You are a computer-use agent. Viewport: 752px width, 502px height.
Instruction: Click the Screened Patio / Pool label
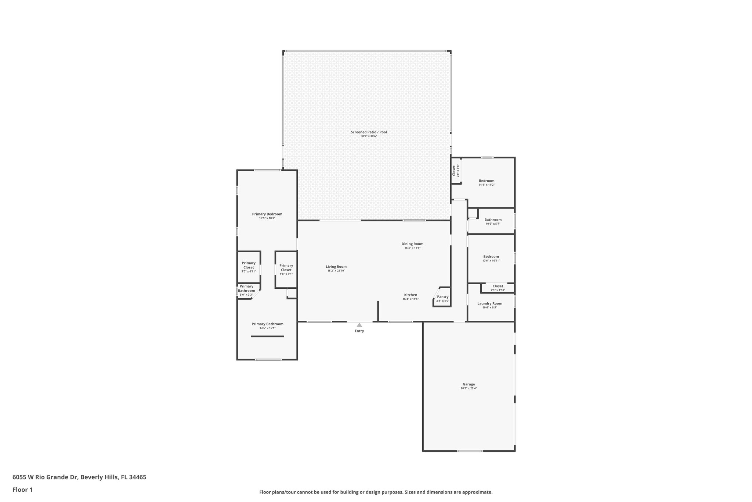pyautogui.click(x=369, y=132)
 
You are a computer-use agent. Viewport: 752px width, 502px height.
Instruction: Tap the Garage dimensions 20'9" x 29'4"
pyautogui.click(x=469, y=388)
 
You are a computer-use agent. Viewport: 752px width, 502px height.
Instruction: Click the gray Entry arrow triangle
pyautogui.click(x=359, y=325)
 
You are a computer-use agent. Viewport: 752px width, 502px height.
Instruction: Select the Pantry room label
pyautogui.click(x=443, y=297)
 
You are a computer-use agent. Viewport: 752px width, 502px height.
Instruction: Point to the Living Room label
pyautogui.click(x=336, y=267)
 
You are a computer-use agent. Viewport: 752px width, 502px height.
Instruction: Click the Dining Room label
pyautogui.click(x=412, y=244)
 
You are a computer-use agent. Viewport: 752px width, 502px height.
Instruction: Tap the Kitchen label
pyautogui.click(x=411, y=295)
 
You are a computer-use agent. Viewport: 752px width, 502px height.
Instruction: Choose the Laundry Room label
pyautogui.click(x=489, y=303)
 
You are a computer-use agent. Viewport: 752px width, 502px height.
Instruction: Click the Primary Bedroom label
pyautogui.click(x=267, y=214)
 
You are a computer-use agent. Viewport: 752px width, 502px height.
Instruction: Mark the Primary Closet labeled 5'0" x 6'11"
pyautogui.click(x=249, y=266)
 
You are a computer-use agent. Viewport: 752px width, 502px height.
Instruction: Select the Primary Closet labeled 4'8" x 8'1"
pyautogui.click(x=286, y=268)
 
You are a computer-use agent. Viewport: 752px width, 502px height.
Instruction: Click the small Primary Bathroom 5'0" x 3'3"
pyautogui.click(x=246, y=289)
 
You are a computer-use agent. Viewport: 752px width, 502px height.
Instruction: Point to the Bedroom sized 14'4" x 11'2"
pyautogui.click(x=487, y=181)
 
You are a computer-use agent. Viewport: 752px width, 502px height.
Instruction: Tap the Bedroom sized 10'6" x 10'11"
pyautogui.click(x=491, y=257)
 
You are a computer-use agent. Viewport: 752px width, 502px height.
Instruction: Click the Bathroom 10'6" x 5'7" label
pyautogui.click(x=493, y=220)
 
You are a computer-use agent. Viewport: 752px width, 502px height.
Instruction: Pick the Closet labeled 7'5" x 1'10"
pyautogui.click(x=498, y=286)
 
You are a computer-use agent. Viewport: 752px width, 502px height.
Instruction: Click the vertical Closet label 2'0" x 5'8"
pyautogui.click(x=454, y=171)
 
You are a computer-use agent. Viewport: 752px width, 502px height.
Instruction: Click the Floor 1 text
pyautogui.click(x=22, y=490)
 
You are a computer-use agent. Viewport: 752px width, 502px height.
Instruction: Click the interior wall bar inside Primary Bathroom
pyautogui.click(x=267, y=336)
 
